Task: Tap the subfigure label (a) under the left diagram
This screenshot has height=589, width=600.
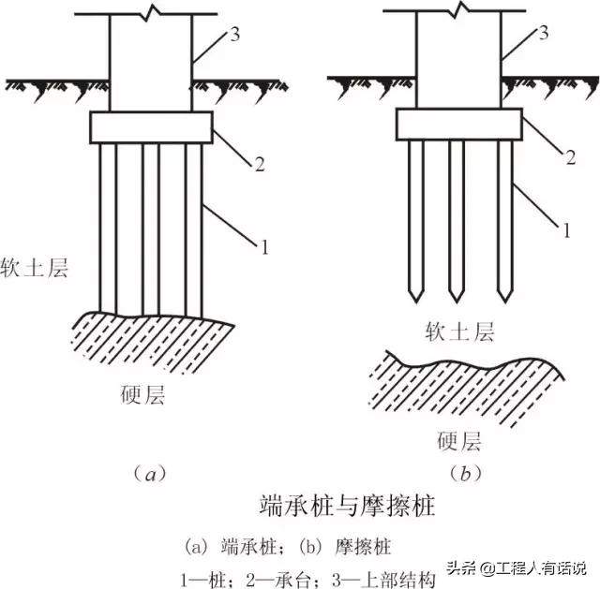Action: coord(149,474)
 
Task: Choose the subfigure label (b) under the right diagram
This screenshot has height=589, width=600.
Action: coord(459,474)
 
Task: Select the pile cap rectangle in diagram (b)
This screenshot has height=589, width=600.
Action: coord(458,124)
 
